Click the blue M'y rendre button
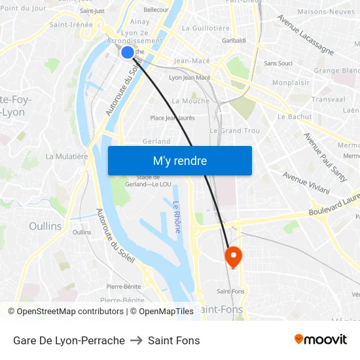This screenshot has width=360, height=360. (x=179, y=160)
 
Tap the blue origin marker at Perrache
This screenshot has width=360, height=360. (x=128, y=52)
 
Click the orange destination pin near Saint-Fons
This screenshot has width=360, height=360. (x=233, y=255)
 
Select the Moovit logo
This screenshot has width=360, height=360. (x=320, y=340)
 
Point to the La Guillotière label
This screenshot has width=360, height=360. (x=206, y=28)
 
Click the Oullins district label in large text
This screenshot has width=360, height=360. (x=45, y=226)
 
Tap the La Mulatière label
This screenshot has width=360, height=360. (x=66, y=156)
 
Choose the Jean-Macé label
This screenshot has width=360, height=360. (x=192, y=61)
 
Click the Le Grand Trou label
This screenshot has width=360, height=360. (x=234, y=131)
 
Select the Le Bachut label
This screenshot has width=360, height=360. (x=295, y=117)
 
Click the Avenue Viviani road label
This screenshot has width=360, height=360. (x=306, y=183)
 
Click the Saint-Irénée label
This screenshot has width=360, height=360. (x=71, y=25)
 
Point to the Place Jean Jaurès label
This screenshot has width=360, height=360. (x=172, y=118)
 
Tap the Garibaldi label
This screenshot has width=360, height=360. (x=234, y=41)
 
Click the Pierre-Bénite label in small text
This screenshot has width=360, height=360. (x=124, y=287)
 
